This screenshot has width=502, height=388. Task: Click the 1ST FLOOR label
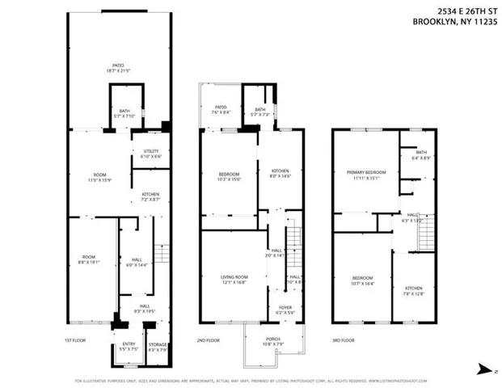(75, 340)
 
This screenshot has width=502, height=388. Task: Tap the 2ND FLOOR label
(209, 340)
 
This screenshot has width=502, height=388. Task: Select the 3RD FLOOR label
(344, 340)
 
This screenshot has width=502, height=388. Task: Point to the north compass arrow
(482, 370)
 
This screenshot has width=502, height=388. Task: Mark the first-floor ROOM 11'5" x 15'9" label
(101, 177)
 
